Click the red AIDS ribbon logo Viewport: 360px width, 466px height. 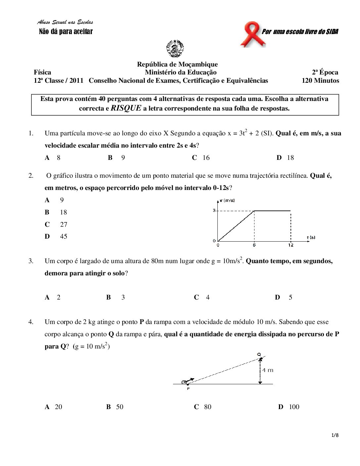pos(252,34)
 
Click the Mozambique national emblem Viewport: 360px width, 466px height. pos(175,49)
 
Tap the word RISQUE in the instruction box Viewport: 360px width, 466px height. pos(126,108)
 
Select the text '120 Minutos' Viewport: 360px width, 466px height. pos(320,80)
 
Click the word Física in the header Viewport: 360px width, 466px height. pos(42,72)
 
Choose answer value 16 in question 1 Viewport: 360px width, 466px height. pos(206,158)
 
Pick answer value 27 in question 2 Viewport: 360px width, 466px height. pos(64,224)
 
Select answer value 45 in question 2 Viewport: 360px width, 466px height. pos(64,236)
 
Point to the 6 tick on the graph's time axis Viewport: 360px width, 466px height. pos(254,245)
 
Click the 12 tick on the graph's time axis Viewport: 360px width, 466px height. pos(291,245)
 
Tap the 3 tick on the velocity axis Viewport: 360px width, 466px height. pos(214,210)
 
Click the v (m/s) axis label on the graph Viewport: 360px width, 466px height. pos(227,201)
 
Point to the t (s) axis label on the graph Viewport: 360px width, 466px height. pos(311,237)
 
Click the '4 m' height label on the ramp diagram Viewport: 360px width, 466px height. pos(268,370)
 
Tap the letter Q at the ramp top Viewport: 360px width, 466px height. pos(259,354)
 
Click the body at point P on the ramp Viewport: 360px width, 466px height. pos(184,382)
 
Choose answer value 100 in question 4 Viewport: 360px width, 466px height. pos(294,407)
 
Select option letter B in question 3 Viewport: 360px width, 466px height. pos(109,297)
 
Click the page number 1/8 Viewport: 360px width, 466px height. pos(335,435)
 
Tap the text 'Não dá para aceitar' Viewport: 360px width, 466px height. pos(66,32)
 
